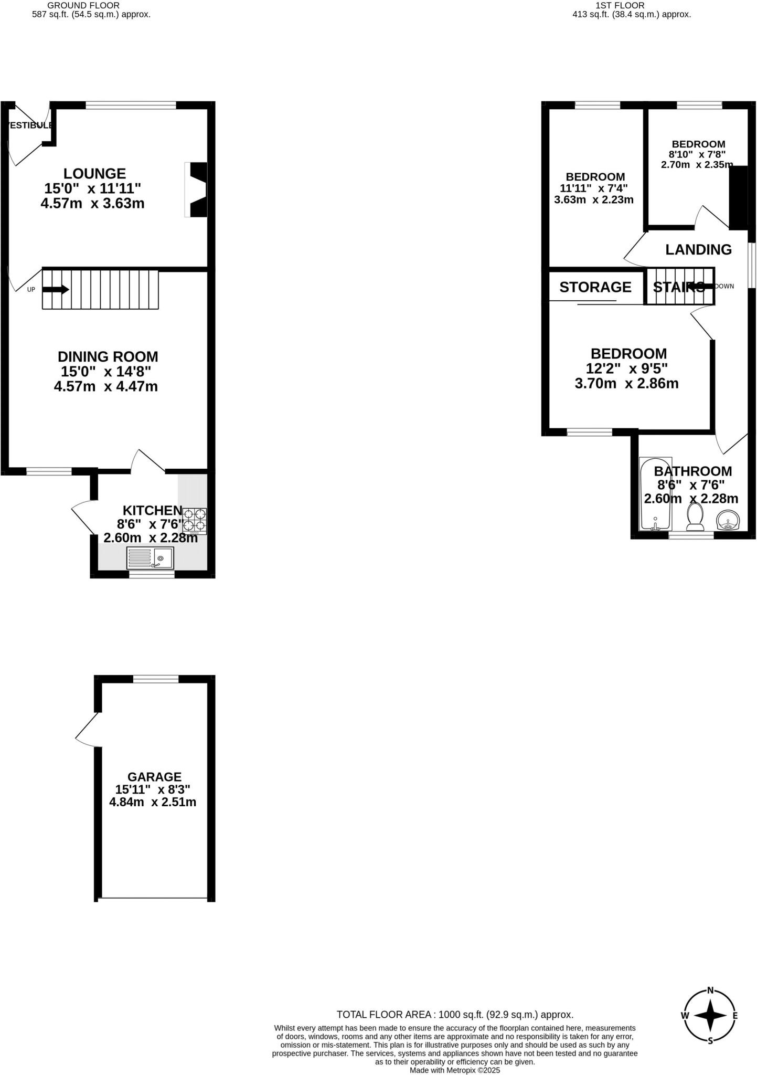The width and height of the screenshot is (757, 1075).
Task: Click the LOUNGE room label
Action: (94, 173)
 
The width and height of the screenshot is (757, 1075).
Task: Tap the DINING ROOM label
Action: (108, 357)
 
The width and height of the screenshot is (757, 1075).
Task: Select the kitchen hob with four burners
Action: (195, 521)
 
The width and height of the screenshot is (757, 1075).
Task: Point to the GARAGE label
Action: (154, 777)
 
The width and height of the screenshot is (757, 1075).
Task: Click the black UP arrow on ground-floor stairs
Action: (56, 289)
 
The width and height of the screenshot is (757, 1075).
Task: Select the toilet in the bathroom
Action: (696, 517)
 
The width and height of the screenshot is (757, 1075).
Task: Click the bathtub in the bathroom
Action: (655, 493)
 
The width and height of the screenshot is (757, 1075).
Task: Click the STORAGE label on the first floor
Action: (595, 287)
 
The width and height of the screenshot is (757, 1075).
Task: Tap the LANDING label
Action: (698, 250)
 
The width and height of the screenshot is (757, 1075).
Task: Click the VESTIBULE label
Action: (29, 125)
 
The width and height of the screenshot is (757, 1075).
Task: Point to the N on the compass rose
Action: (710, 990)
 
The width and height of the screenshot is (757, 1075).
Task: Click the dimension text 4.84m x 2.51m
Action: (153, 802)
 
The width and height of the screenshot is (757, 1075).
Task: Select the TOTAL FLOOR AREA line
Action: (454, 1015)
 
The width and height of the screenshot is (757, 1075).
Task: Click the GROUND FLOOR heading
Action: (83, 5)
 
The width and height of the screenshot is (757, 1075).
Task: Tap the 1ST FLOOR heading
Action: (620, 5)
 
